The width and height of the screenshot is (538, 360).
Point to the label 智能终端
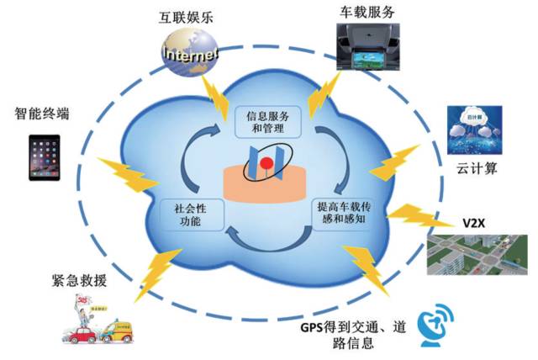click(41, 112)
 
